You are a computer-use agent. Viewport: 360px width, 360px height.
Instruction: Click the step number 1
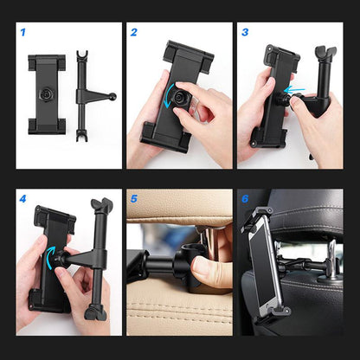point(23,33)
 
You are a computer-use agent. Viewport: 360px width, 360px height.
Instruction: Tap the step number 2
point(134,33)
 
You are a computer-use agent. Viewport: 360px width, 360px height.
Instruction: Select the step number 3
point(245,33)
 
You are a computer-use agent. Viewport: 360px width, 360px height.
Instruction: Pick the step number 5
point(134,199)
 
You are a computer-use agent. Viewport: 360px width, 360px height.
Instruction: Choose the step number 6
point(245,199)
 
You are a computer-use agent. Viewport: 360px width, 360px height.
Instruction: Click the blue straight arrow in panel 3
point(296,88)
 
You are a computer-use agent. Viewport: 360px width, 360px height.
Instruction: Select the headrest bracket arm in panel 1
point(83,93)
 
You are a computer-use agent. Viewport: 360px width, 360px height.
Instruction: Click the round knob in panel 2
point(179,100)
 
